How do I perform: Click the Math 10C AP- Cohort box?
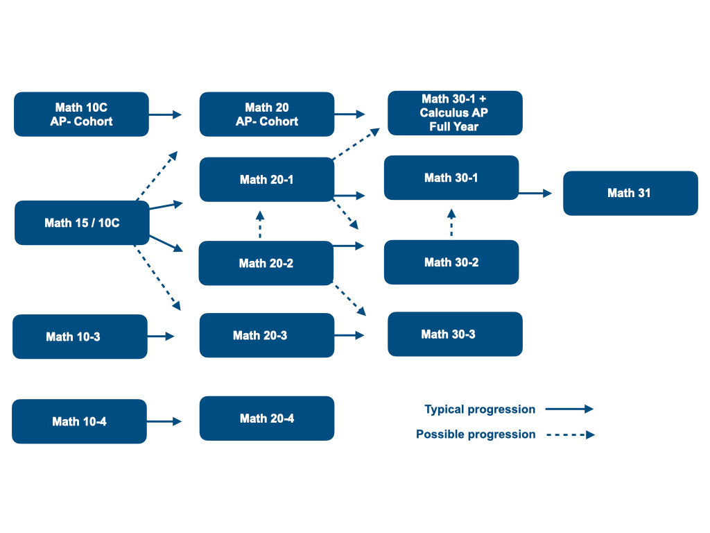[x=81, y=115]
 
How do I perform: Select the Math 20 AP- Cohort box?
[x=267, y=115]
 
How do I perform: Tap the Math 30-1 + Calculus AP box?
[x=454, y=112]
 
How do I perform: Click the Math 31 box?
[x=630, y=193]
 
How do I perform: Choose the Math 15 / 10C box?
[x=82, y=223]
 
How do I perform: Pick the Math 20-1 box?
[x=267, y=180]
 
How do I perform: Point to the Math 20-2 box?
[x=266, y=263]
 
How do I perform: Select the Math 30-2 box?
[x=451, y=262]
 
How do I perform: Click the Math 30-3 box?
[x=454, y=334]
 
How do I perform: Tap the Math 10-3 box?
[x=80, y=337]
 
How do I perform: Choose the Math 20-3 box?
[x=267, y=335]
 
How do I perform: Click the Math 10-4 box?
[x=79, y=421]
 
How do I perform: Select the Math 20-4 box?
[x=267, y=418]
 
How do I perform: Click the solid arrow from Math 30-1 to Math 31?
[x=535, y=194]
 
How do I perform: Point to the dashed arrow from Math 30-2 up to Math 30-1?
[x=451, y=222]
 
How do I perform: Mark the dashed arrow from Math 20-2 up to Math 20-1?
[x=260, y=224]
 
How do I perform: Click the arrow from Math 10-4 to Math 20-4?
[x=164, y=421]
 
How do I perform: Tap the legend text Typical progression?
[x=480, y=409]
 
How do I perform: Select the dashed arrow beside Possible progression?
[x=570, y=435]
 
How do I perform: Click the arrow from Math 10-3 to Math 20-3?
[x=161, y=337]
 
